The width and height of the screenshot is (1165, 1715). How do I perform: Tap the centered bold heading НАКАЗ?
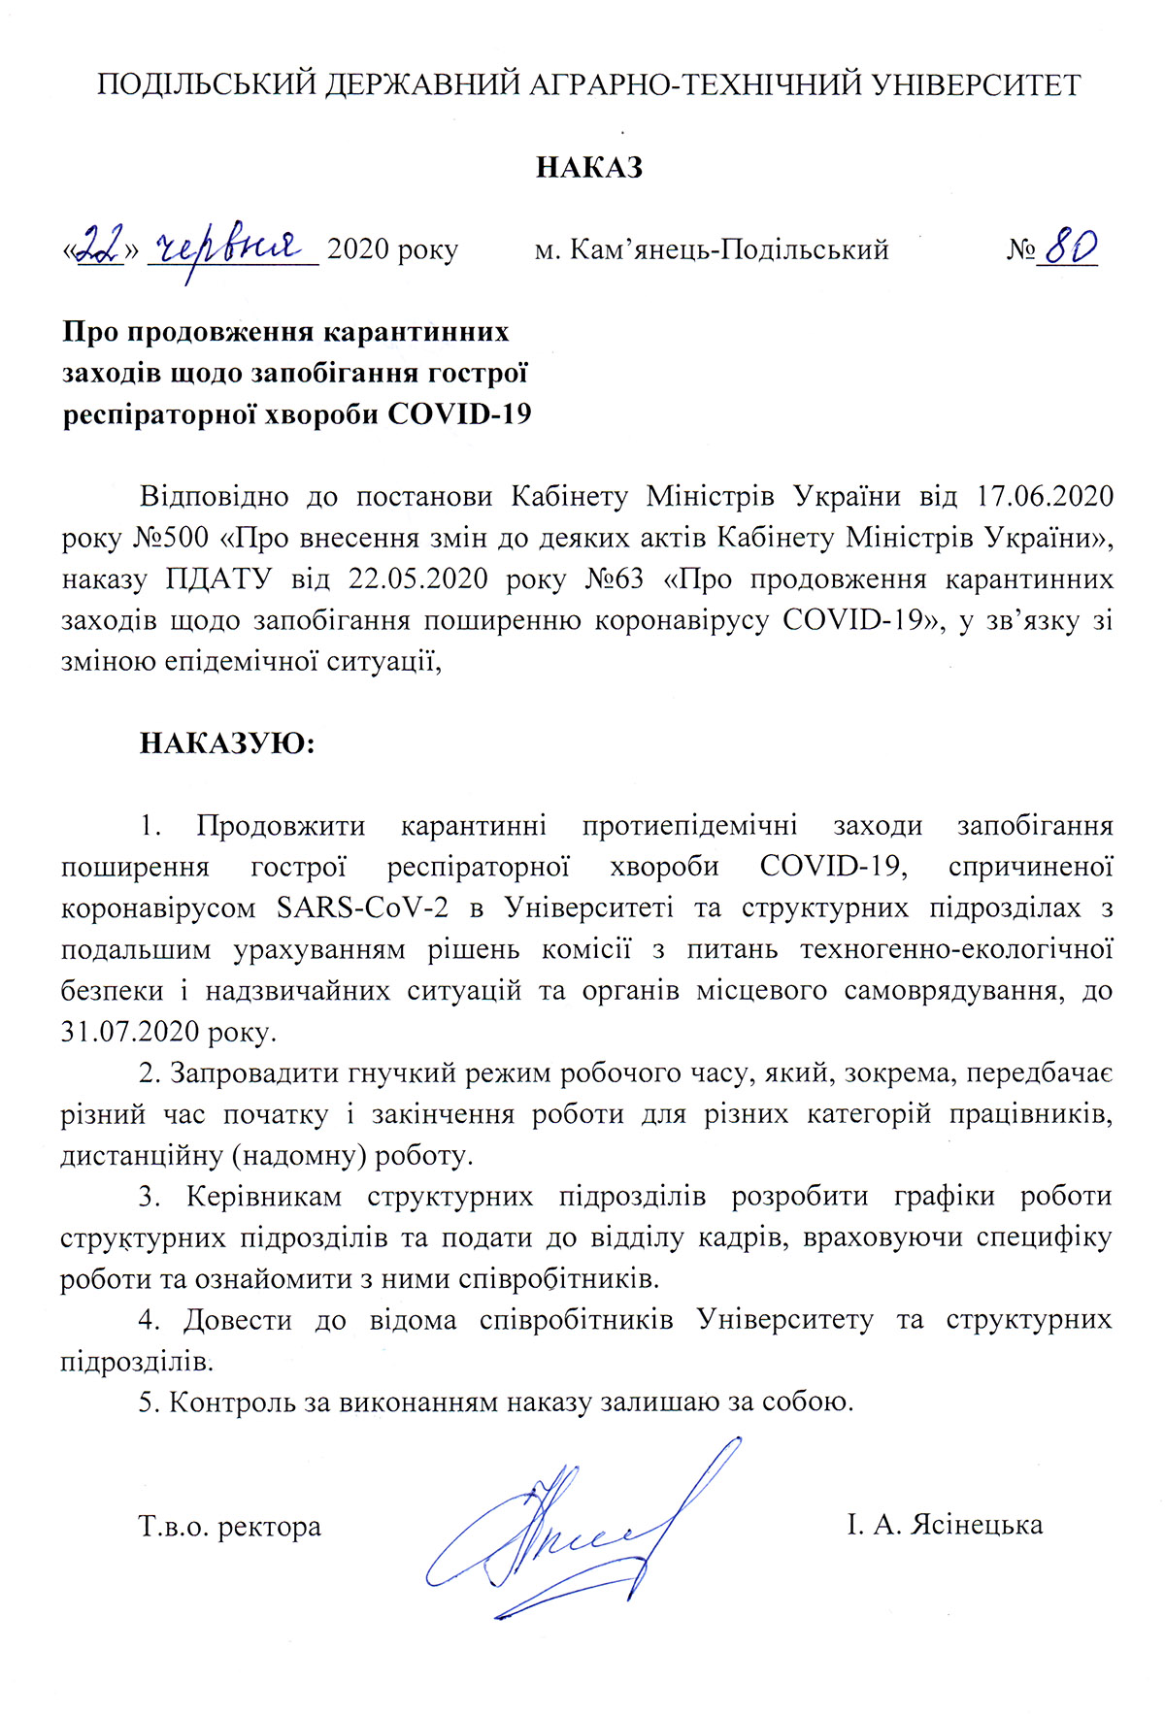click(x=589, y=167)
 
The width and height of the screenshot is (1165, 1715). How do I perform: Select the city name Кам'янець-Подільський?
click(x=729, y=250)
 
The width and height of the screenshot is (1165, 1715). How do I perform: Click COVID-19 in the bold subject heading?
click(x=459, y=414)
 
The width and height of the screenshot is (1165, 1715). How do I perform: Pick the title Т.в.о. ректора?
click(x=230, y=1526)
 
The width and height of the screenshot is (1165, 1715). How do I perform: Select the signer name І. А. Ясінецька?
click(x=945, y=1525)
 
